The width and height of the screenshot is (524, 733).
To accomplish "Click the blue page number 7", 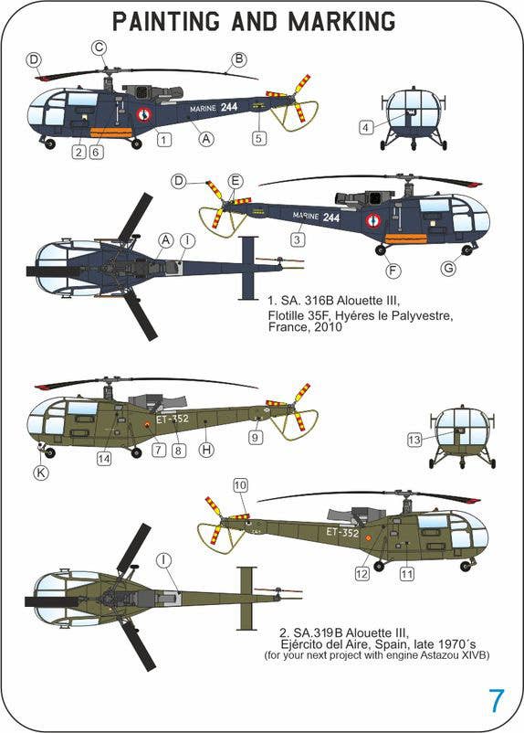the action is (x=496, y=700).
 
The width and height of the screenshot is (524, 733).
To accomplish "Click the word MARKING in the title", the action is (x=341, y=21).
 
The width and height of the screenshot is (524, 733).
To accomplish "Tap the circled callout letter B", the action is (x=238, y=59).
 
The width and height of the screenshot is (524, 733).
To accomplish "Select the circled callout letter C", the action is (x=99, y=48).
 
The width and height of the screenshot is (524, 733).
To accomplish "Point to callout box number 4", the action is (x=366, y=127).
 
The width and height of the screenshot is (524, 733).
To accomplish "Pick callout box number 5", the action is (x=258, y=138).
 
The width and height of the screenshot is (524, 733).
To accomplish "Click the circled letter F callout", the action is (x=393, y=271).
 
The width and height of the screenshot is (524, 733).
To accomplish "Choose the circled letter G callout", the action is (x=449, y=269).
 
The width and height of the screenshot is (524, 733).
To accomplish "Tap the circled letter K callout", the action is (x=41, y=473).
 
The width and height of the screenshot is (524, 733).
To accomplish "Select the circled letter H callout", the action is (x=206, y=451).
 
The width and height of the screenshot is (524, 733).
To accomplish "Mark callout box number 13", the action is (x=414, y=440).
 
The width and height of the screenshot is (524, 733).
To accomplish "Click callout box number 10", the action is (x=240, y=485).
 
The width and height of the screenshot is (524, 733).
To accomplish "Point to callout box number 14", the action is (x=104, y=459).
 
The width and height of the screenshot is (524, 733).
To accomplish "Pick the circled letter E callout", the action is (x=236, y=181).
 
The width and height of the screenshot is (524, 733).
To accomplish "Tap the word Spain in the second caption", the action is (x=395, y=644).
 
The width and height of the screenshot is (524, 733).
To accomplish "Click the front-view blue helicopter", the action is (x=414, y=118).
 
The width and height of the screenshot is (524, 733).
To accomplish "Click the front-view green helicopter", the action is (x=462, y=437).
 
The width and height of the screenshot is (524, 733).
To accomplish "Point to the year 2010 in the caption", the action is (x=329, y=327).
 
